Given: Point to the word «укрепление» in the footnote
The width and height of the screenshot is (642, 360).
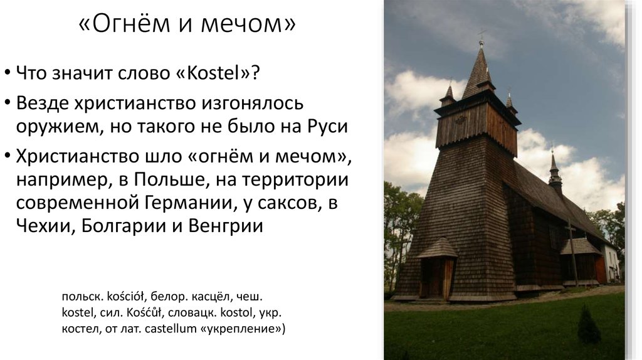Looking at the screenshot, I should (x=245, y=328).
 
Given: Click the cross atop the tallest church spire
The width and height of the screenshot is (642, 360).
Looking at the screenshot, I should (x=481, y=35).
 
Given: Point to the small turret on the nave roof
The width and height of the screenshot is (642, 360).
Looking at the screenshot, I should (x=554, y=172).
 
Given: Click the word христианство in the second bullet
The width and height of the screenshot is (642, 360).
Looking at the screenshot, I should (x=124, y=103).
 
